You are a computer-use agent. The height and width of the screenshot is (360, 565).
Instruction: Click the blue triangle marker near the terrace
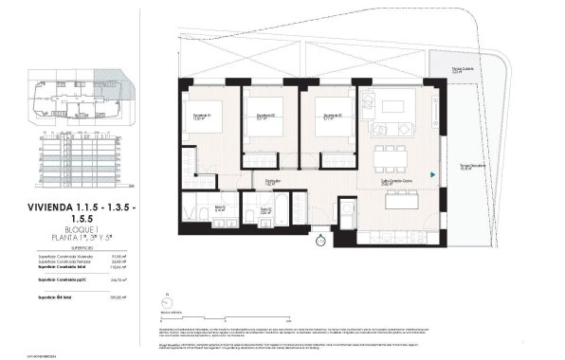coord(432,174)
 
